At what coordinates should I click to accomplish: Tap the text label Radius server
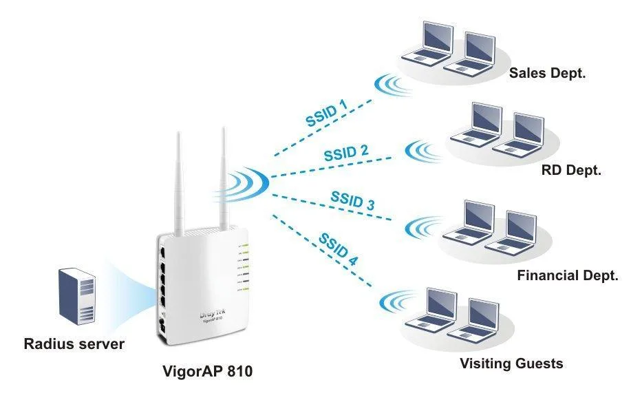(x=74, y=343)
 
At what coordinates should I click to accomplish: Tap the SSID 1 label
(x=326, y=112)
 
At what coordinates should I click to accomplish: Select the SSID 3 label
(x=352, y=200)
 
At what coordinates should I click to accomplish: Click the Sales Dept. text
(x=547, y=73)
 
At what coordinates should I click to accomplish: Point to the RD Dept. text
(x=570, y=170)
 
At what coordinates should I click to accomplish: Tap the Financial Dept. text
(x=568, y=275)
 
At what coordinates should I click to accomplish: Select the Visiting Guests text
(x=511, y=363)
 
